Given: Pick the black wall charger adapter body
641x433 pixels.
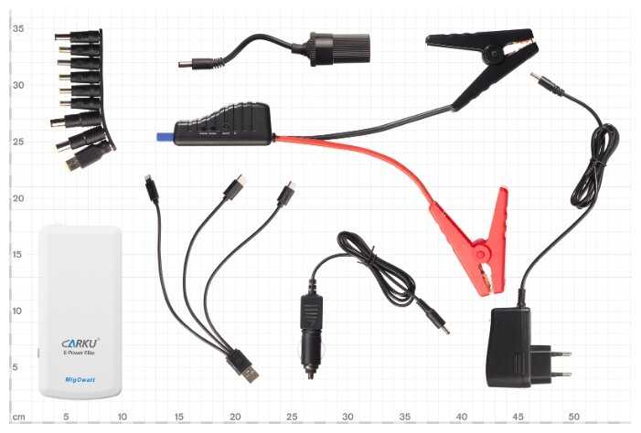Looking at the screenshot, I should (509, 347).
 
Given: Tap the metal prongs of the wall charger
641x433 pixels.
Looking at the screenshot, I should (559, 363).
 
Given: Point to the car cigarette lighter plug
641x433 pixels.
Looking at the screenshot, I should (310, 333).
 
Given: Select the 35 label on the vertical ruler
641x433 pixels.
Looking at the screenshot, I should (17, 28).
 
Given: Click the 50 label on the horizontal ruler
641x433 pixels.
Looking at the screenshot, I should (573, 417).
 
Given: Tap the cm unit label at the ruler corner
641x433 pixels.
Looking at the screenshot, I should (18, 417).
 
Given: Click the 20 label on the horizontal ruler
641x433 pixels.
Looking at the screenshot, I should (235, 417).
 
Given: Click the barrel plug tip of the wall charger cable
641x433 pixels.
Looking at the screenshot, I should (540, 81).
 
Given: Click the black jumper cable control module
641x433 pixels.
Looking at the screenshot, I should (223, 125).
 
